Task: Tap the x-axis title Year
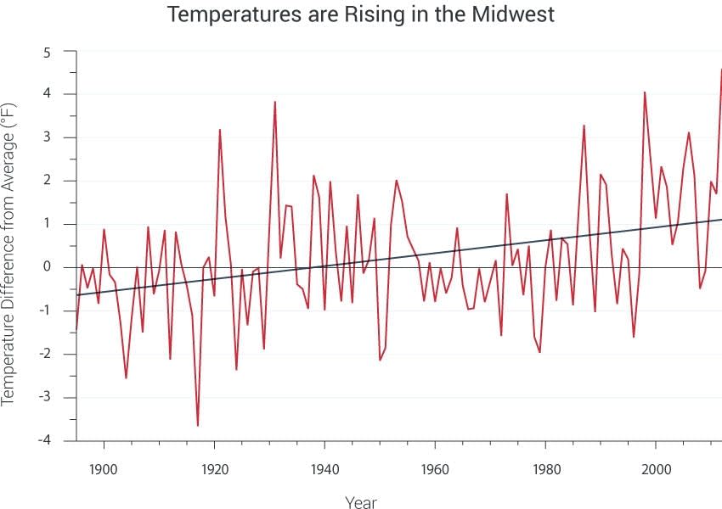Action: click(361, 502)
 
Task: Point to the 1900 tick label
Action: click(103, 467)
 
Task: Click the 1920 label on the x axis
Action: click(213, 467)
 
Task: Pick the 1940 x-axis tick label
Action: click(324, 467)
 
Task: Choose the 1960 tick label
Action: click(435, 467)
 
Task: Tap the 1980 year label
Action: click(545, 467)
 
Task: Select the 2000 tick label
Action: click(656, 467)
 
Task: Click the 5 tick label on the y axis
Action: click(48, 52)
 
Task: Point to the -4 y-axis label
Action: click(45, 440)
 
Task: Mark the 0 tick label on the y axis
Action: click(48, 267)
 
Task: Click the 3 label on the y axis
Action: click(48, 137)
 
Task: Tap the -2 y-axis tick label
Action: click(45, 354)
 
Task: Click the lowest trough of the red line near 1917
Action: click(198, 425)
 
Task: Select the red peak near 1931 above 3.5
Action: click(275, 102)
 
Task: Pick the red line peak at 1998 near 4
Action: click(645, 92)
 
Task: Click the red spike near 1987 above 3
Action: click(584, 126)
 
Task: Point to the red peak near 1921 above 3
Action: click(220, 130)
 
